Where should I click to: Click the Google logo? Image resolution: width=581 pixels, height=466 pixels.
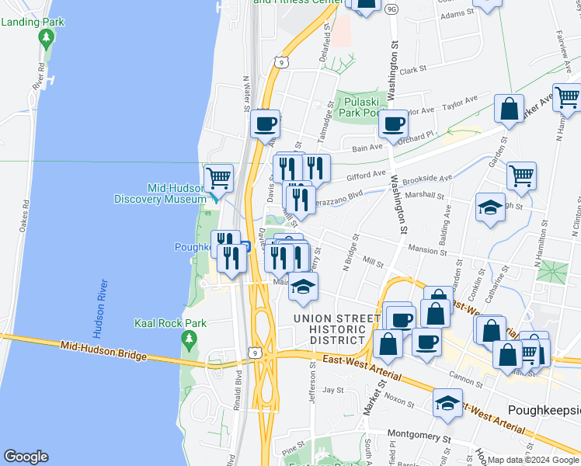pos(26,457)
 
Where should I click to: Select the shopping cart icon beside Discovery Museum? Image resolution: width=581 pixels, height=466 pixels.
pos(218,178)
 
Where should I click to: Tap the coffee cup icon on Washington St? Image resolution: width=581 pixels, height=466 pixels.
pos(393,123)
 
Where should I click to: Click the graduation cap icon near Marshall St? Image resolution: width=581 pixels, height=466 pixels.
pos(490,207)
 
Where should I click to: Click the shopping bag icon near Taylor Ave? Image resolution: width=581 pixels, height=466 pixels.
pos(509,109)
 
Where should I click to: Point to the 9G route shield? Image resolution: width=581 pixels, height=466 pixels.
pos(391,9)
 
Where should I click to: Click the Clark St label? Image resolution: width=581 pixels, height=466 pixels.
pos(413,69)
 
